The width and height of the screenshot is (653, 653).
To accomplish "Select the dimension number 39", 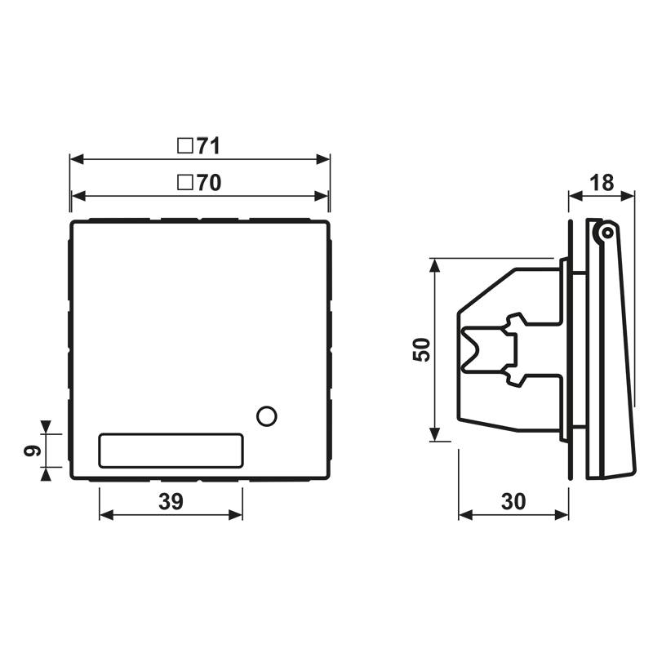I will point(170,503).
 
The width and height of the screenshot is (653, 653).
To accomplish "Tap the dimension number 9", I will point(30,450).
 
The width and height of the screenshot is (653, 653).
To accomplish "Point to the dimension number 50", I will point(421,349).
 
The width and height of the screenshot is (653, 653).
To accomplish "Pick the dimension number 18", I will point(602,183).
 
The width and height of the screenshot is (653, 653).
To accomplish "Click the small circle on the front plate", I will point(266,415).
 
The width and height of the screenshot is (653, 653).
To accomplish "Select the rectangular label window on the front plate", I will point(171,450).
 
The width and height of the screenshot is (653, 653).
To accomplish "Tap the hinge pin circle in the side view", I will point(605,233).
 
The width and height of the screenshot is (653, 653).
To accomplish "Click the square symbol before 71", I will point(185,146).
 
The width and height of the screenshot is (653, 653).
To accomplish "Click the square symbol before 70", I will point(185,184).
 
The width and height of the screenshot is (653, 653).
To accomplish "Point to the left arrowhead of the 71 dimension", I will point(75,158).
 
